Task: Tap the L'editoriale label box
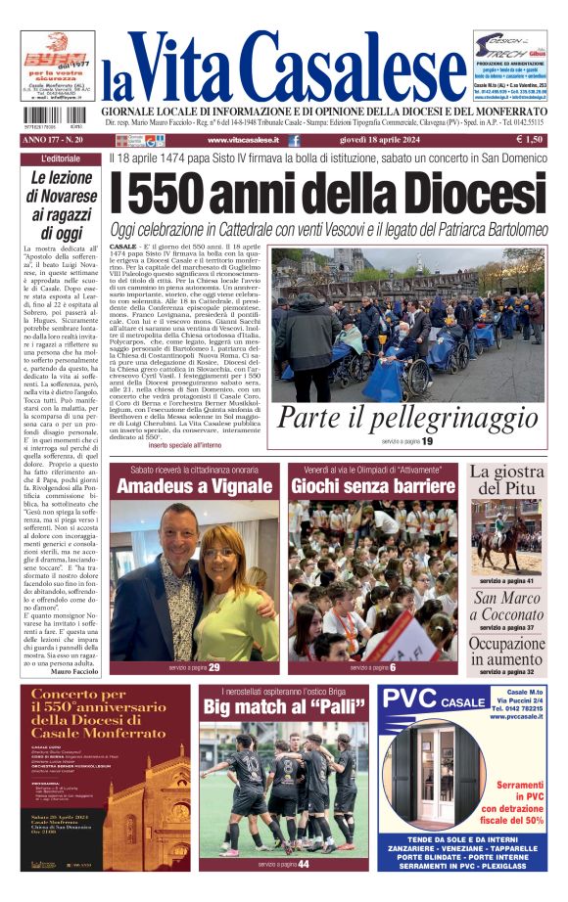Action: pos(62,158)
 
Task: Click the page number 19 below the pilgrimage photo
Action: pos(427,442)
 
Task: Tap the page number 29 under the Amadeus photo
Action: pos(213,667)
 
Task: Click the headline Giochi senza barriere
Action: pos(373,486)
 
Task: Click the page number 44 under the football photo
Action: pos(304,864)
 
